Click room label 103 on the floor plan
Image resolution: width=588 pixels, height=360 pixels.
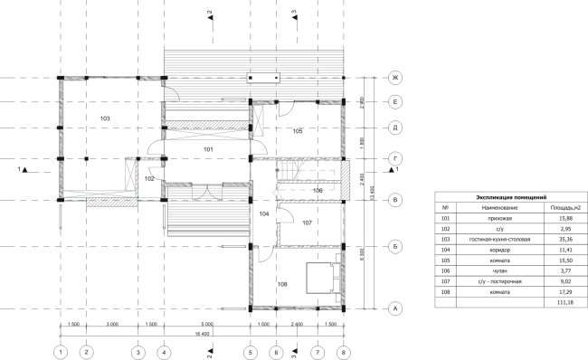tap(105, 119)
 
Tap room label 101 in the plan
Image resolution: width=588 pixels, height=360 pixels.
tap(207, 148)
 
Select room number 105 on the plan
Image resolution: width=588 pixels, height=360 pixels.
tap(299, 132)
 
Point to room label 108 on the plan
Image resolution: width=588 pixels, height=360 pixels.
tap(283, 285)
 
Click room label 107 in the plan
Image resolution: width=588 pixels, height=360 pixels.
tap(307, 223)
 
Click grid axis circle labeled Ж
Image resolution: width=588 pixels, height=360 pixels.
tap(394, 78)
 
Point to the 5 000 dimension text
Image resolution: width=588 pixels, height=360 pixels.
tap(206, 323)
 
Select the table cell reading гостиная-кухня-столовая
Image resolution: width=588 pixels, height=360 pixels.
tap(492, 240)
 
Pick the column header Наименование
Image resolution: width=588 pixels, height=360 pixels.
tap(492, 207)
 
